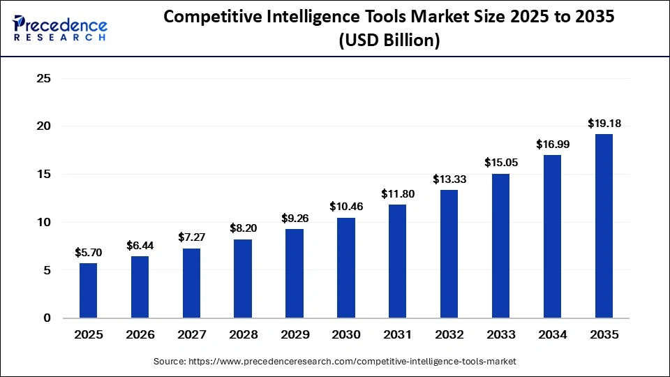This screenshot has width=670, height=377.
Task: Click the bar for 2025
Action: click(88, 290)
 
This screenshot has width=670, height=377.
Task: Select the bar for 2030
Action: click(345, 267)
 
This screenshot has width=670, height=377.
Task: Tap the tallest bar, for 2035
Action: click(604, 226)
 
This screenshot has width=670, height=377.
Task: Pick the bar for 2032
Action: click(449, 253)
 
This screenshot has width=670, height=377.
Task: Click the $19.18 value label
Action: click(604, 124)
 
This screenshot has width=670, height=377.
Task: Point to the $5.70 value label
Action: click(88, 253)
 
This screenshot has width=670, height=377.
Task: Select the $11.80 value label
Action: click(397, 194)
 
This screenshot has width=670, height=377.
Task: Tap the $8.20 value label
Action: click(243, 228)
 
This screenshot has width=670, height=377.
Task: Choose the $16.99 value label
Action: click(552, 145)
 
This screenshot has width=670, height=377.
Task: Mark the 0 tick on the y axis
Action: click(47, 318)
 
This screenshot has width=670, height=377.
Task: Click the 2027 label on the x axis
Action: click(191, 335)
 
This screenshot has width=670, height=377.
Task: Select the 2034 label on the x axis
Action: click(552, 335)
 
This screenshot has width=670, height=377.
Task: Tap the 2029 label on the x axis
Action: click(295, 335)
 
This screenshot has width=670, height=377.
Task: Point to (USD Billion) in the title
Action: click(389, 40)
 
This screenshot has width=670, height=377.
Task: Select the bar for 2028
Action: click(243, 279)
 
